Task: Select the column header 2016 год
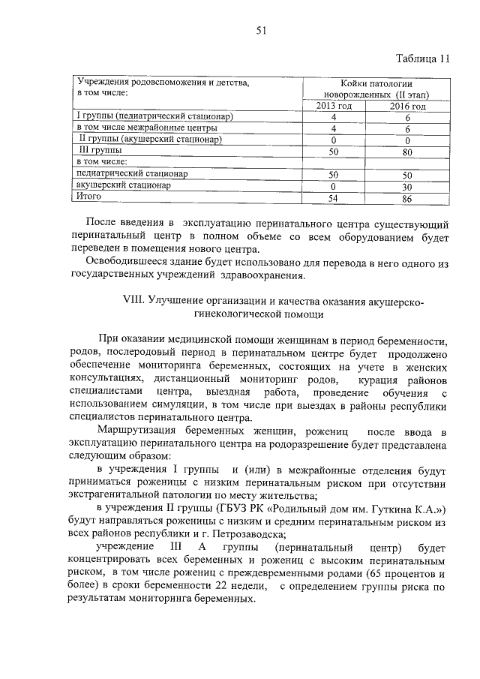point(407,107)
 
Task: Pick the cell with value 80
point(407,151)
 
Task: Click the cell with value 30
point(407,185)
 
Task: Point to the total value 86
point(407,197)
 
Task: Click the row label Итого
point(89,196)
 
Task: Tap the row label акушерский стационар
point(124,185)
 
